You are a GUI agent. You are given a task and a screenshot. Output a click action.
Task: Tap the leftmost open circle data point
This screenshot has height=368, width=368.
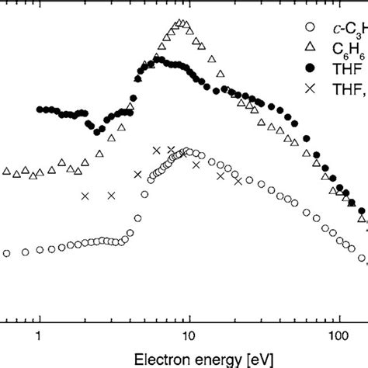tap(7, 253)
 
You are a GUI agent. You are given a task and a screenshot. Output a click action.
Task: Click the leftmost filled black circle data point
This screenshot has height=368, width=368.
tap(40, 109)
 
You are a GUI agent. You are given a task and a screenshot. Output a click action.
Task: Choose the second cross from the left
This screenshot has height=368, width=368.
tap(111, 196)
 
